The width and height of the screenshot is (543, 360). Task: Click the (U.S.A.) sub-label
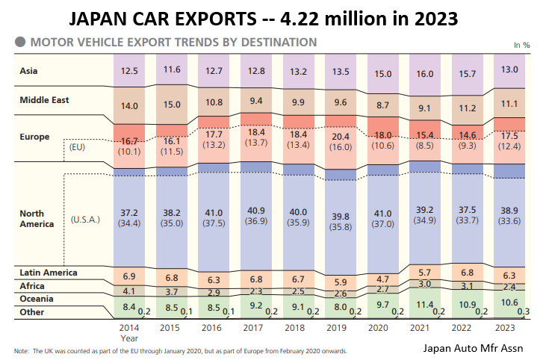tap(88, 220)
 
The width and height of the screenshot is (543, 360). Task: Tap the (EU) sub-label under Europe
tap(78, 147)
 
